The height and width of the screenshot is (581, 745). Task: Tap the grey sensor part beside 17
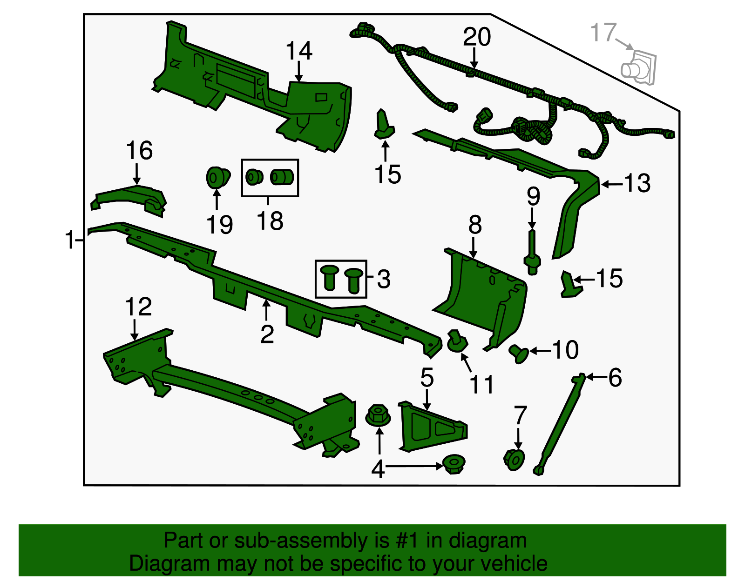638,68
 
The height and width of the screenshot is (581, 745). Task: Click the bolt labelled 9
532,253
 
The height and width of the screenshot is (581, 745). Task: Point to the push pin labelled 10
518,354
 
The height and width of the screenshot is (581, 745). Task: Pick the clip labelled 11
457,341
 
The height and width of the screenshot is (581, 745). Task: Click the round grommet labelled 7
514,460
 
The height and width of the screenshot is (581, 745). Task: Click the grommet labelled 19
218,177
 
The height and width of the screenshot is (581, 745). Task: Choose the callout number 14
299,51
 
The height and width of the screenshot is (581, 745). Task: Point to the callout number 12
138,307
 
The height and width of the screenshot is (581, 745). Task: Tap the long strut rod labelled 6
560,423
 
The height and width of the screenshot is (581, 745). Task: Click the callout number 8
475,225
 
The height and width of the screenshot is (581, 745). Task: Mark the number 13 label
637,183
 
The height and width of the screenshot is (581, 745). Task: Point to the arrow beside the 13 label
612,184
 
